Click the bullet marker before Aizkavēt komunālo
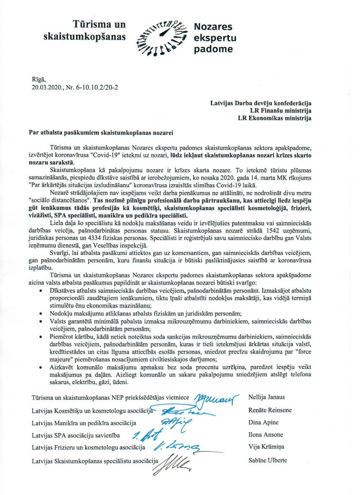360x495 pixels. (x=40, y=366)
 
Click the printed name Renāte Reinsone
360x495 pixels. (x=270, y=410)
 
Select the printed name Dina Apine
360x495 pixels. (x=264, y=423)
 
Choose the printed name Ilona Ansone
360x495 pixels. (x=266, y=435)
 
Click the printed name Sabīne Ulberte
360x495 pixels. (x=268, y=460)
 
